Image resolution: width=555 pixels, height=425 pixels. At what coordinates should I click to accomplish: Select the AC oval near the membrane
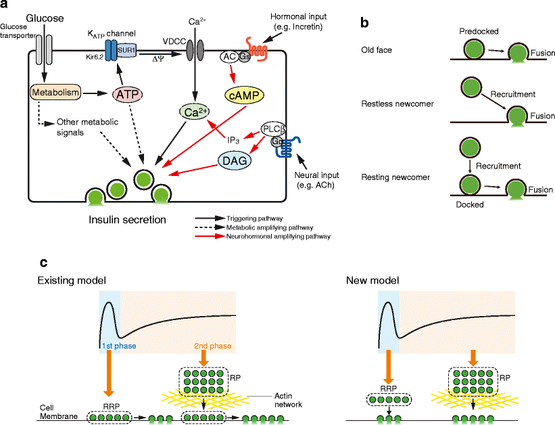pyautogui.click(x=228, y=58)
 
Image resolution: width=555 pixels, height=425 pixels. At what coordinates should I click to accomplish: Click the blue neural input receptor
pyautogui.click(x=292, y=148)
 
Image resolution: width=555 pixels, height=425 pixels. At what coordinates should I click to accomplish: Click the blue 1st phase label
pyautogui.click(x=118, y=346)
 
